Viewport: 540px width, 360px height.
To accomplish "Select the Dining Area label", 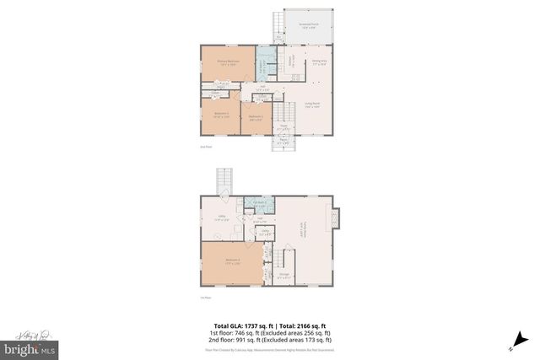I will coord(320,62).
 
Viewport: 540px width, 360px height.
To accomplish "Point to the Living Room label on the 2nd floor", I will coord(312,106).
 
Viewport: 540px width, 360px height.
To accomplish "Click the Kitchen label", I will coord(291,61).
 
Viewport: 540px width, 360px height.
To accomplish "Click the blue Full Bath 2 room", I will coord(261,203).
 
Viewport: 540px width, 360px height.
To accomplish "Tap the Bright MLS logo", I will coord(30,347).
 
